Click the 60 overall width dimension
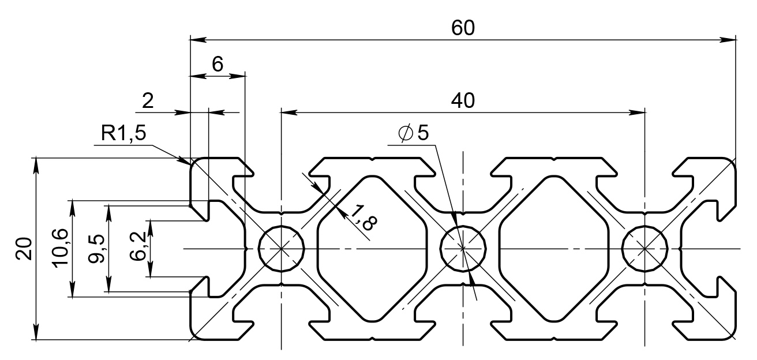point(463,28)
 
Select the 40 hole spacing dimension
point(463,100)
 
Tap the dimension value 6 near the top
point(218,65)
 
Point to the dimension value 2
point(148,101)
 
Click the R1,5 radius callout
point(123,134)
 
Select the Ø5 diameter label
point(414,134)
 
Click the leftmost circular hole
point(282,249)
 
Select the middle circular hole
point(463,249)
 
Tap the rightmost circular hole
point(644,249)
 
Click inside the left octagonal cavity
point(372,249)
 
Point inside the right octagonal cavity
point(554,249)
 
